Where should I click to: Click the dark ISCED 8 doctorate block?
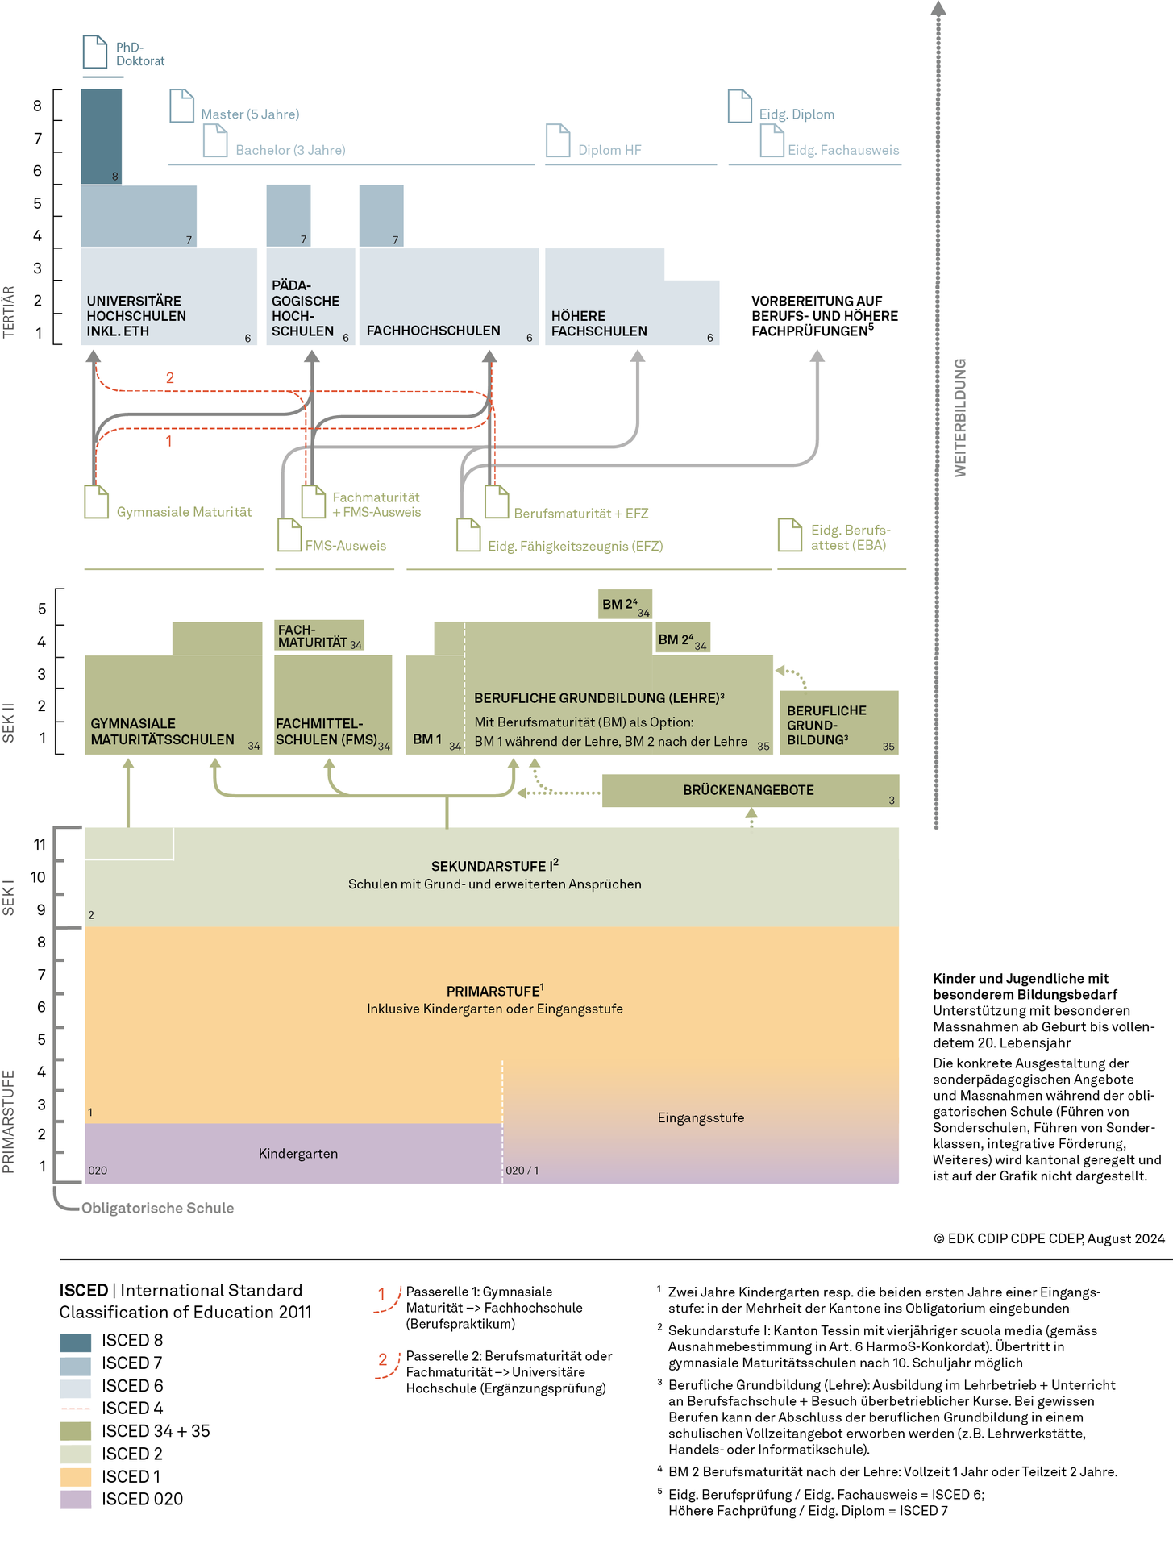click(x=102, y=136)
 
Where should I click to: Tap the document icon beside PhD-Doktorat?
click(x=95, y=52)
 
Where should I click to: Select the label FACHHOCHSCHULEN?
click(x=434, y=331)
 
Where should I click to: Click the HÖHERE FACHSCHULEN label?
click(x=599, y=323)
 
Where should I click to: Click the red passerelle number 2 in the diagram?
click(x=170, y=377)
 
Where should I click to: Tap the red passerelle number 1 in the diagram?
click(x=168, y=441)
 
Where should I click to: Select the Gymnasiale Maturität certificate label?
click(x=184, y=512)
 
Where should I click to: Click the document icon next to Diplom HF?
click(x=558, y=140)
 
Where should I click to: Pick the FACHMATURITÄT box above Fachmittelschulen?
click(x=319, y=635)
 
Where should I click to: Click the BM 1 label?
click(x=427, y=739)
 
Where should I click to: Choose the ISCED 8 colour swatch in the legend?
click(x=76, y=1342)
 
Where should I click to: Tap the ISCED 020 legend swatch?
click(x=76, y=1500)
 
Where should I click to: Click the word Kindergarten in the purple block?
click(x=298, y=1154)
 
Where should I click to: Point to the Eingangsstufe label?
click(x=701, y=1118)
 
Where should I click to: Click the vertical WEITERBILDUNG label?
click(x=960, y=418)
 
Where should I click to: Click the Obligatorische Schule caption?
click(x=158, y=1208)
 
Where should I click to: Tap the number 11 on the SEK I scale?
click(x=40, y=845)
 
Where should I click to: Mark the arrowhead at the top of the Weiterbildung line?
click(x=938, y=8)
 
